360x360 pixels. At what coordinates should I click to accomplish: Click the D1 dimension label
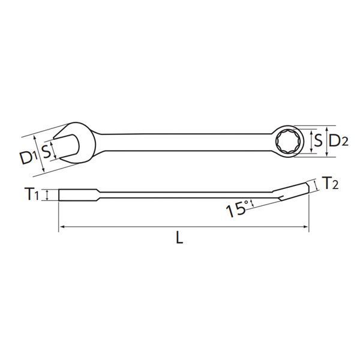26,157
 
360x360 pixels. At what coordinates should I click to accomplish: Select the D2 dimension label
339,141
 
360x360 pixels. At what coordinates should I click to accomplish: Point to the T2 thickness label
329,183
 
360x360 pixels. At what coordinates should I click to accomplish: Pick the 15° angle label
237,210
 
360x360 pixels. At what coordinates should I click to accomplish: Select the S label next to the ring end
318,141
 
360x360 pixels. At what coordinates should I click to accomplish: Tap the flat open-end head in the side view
78,195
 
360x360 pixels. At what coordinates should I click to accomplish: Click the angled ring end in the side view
294,189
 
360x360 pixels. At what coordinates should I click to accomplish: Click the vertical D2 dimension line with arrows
326,142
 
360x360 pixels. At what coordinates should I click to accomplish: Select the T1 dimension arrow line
47,195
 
